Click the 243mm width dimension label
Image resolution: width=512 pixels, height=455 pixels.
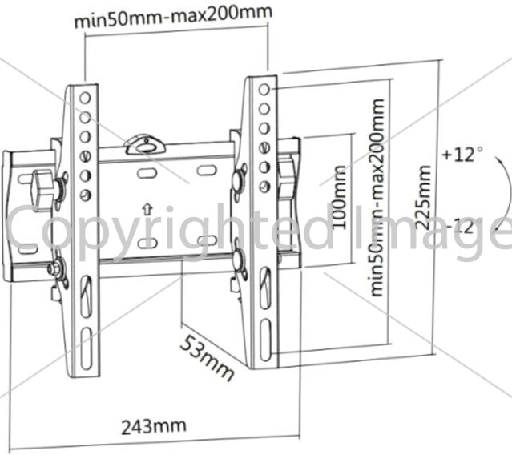[154, 427]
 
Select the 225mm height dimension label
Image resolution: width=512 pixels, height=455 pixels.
[424, 197]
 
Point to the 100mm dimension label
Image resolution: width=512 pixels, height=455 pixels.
[339, 197]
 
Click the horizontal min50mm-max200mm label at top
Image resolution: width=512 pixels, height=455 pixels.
[173, 16]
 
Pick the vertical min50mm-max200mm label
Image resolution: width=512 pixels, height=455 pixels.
[377, 197]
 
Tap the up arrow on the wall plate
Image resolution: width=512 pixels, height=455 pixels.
[147, 210]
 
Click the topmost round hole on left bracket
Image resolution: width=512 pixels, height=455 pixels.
[85, 97]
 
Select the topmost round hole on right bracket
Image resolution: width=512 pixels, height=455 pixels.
[264, 89]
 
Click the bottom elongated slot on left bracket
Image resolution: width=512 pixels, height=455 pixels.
[87, 348]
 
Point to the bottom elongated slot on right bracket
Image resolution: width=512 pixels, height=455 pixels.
[265, 340]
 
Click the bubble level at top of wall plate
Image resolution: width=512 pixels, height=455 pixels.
[144, 145]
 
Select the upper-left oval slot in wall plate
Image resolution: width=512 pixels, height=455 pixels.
[147, 172]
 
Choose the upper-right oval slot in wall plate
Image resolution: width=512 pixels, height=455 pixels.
[207, 170]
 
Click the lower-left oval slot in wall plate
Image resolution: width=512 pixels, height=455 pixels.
[147, 244]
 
